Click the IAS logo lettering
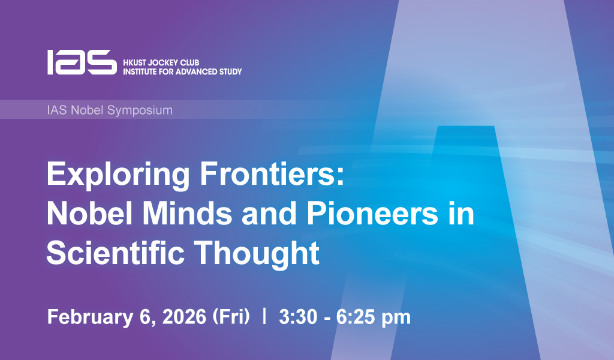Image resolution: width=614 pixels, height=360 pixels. tap(82, 62)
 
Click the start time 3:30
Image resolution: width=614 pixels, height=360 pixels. tap(298, 317)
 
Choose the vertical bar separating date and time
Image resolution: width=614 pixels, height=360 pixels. tap(264, 316)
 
